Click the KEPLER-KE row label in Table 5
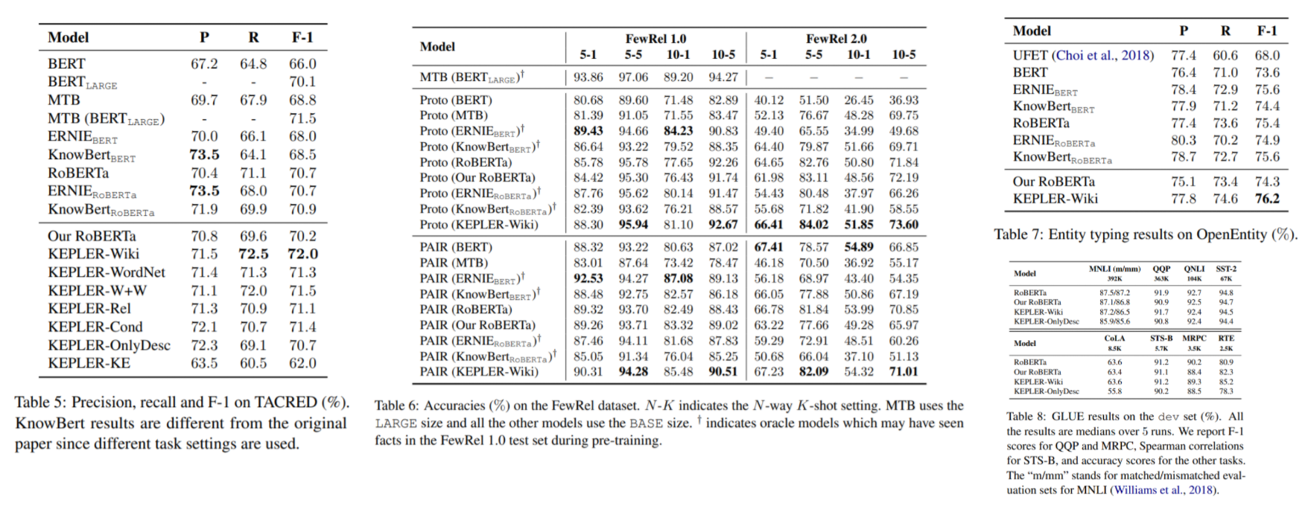pos(89,363)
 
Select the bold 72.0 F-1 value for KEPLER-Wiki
pos(302,254)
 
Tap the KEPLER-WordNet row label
pos(107,272)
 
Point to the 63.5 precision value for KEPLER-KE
pos(204,363)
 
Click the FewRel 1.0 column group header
pos(655,39)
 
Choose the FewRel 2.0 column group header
pos(836,39)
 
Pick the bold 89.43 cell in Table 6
pos(588,131)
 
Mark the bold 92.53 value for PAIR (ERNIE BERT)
pos(588,278)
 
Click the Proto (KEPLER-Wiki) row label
pos(478,225)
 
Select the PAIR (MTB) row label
pos(454,263)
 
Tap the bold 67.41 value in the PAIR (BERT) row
pos(769,247)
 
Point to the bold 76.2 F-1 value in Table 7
pos(1267,199)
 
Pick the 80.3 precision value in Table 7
pos(1184,140)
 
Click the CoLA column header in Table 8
pos(1114,339)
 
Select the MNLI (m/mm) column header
pos(1114,269)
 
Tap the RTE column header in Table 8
pos(1225,339)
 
